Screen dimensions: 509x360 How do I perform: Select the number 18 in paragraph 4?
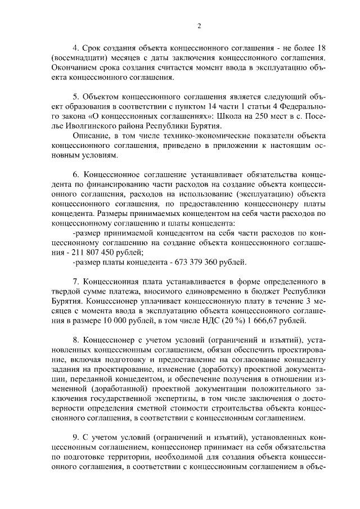321,48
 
